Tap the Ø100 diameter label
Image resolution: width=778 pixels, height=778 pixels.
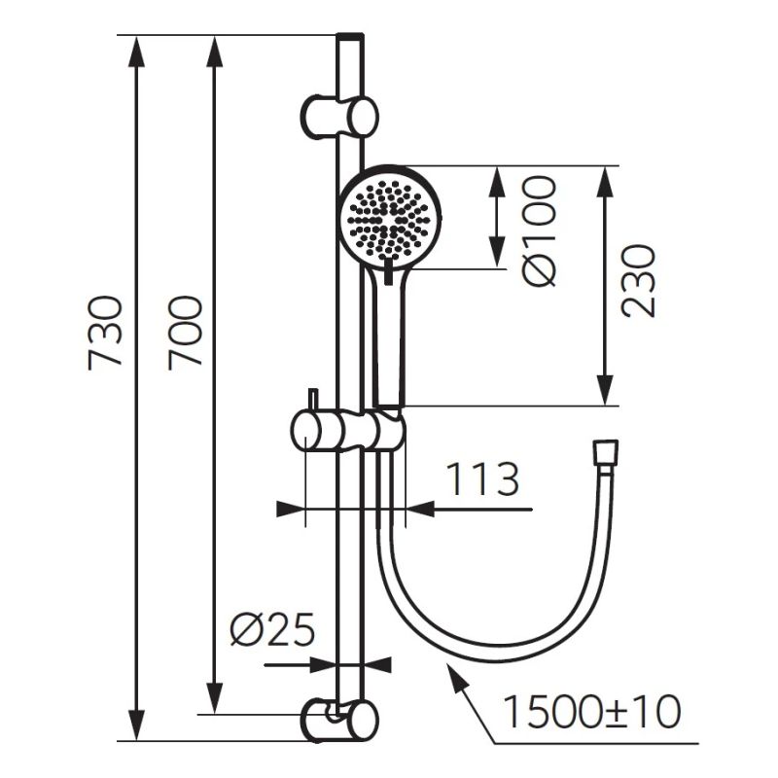[x=540, y=231]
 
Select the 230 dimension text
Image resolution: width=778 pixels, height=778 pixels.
[x=638, y=280]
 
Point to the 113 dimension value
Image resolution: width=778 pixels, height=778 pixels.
[x=482, y=479]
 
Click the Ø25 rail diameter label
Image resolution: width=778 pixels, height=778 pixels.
[x=272, y=629]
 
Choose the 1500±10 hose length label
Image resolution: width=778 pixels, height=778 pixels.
[x=591, y=711]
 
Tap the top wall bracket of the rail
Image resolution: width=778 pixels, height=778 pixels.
[x=338, y=116]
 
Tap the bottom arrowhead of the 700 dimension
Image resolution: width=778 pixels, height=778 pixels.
[x=214, y=697]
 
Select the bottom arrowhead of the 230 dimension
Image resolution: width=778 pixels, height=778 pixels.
[x=604, y=390]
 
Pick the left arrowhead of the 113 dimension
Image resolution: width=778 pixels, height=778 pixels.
[x=290, y=509]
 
